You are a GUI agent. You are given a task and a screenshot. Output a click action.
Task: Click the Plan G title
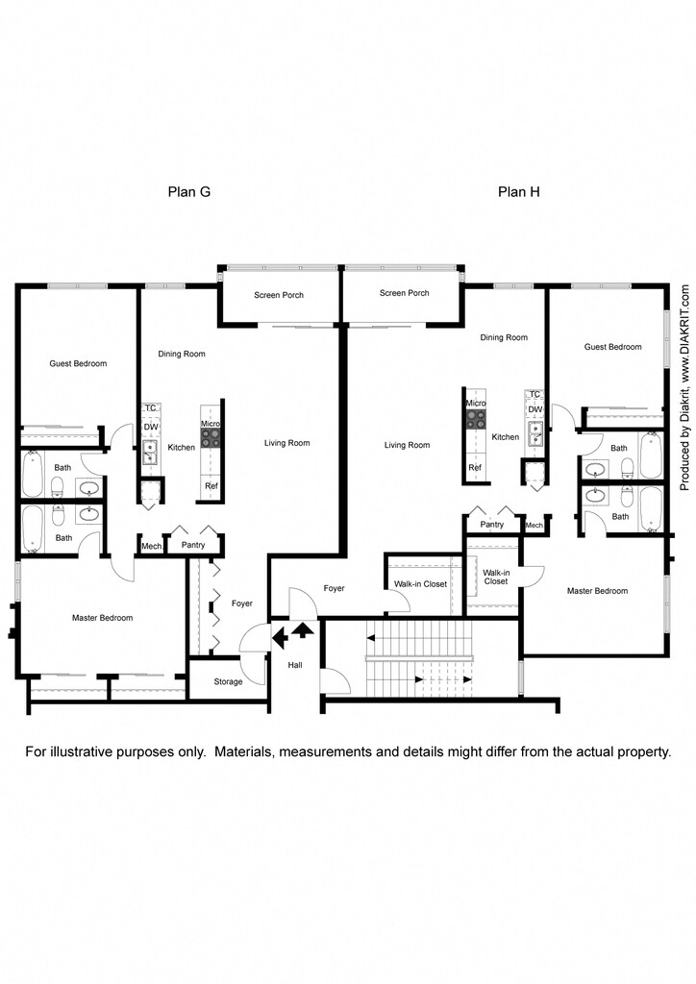(189, 191)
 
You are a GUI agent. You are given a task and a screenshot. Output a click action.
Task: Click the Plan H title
(518, 191)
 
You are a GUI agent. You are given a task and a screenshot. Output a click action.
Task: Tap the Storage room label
(228, 681)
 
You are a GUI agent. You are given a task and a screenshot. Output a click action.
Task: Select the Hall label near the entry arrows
(295, 664)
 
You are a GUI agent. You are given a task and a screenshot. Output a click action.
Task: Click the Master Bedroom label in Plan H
(597, 591)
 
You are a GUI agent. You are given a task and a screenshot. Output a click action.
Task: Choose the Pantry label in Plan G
(186, 546)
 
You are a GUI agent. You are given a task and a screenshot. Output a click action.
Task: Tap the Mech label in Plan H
(534, 525)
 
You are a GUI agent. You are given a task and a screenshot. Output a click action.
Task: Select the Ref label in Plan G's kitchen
(211, 486)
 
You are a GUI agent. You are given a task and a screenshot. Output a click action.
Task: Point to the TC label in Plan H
(535, 394)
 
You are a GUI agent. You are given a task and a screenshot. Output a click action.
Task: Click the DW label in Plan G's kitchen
(151, 427)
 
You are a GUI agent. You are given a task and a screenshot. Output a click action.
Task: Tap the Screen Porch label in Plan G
(279, 295)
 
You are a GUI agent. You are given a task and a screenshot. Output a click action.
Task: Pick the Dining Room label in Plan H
(504, 337)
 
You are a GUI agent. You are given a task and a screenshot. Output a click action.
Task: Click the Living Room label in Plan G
(286, 443)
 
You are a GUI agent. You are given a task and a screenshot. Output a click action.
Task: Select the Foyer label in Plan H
(334, 588)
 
